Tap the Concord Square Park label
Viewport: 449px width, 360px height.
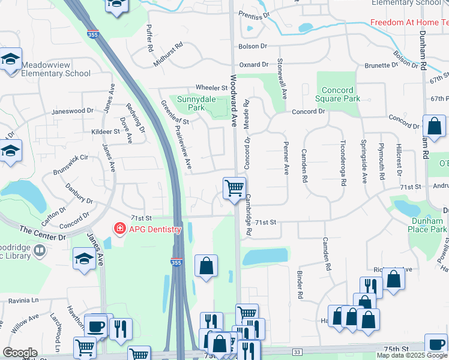click(338, 94)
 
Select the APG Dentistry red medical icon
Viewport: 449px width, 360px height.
click(119, 229)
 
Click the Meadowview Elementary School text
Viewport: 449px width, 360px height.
click(55, 70)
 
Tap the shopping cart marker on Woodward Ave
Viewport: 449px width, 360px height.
click(234, 188)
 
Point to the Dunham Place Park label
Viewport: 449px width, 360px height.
click(427, 224)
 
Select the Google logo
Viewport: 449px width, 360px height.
click(20, 353)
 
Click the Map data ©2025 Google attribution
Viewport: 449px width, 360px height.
click(412, 355)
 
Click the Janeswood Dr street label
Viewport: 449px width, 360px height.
click(73, 111)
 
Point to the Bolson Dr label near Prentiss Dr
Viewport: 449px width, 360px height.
click(252, 46)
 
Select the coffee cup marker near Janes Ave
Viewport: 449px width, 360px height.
click(97, 326)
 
